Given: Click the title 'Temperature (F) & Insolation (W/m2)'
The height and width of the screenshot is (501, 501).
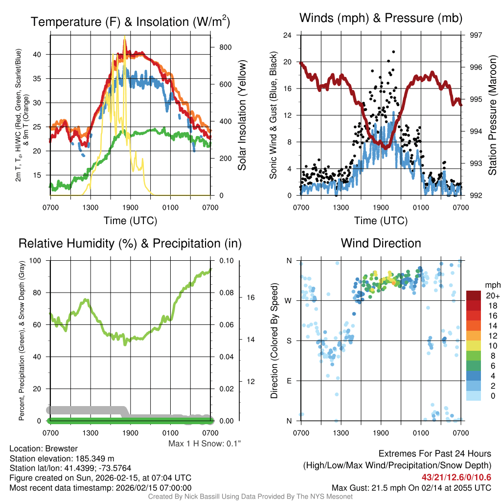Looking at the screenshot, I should click(130, 22).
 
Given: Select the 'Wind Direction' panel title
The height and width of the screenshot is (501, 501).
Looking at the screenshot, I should click(381, 243).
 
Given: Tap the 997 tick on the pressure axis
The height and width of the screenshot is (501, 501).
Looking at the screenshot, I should click(476, 35).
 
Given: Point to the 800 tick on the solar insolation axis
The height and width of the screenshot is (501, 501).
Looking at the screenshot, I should click(226, 47).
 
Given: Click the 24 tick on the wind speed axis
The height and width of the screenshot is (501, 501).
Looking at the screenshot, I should click(288, 35).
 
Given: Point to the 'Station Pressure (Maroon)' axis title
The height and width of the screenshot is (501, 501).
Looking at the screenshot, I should click(493, 115).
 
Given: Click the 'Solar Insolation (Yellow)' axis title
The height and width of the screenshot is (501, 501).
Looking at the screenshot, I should click(242, 115).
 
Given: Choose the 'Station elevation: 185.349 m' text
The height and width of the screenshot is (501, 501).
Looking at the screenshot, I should click(62, 458).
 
